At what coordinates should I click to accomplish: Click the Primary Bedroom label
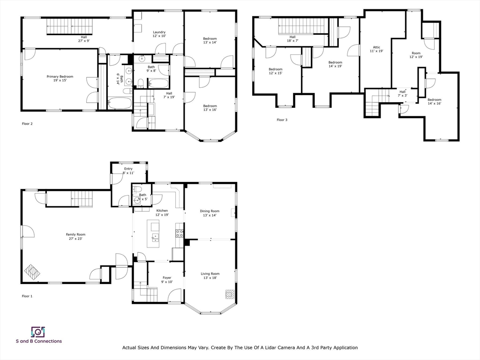[x=60, y=78]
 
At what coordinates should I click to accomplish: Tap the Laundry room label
[x=159, y=34]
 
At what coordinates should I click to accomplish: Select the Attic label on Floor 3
[x=376, y=49]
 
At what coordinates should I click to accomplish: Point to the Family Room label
[x=75, y=237]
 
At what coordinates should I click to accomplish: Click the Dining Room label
[x=210, y=213]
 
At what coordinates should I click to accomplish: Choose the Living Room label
[x=210, y=276]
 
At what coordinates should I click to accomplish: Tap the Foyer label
[x=167, y=280]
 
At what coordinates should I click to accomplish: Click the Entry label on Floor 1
[x=128, y=171]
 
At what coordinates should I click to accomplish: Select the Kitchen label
[x=162, y=212]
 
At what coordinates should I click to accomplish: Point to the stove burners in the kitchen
[x=180, y=233]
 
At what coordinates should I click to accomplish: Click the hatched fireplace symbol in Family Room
[x=33, y=272]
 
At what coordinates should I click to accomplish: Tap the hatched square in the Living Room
[x=230, y=294]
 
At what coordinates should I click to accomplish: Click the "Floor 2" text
[x=27, y=124]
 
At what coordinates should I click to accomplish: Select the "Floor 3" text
[x=282, y=120]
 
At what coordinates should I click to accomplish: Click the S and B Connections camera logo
[x=38, y=332]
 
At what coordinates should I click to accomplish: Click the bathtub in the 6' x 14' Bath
[x=120, y=103]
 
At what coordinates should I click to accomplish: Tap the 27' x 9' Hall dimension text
[x=84, y=41]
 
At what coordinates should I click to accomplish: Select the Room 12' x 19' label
[x=416, y=55]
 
